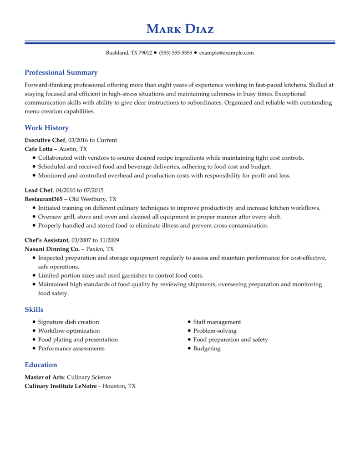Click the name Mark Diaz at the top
click(x=180, y=29)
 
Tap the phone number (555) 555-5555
click(x=176, y=53)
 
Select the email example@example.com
click(x=226, y=53)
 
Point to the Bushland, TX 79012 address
click(x=129, y=53)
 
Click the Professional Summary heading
click(x=61, y=72)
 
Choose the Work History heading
click(x=46, y=128)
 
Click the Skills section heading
click(x=34, y=309)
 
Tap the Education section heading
click(x=41, y=365)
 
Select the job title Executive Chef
click(x=45, y=140)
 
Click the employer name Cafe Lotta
click(x=39, y=149)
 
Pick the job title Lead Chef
click(x=39, y=190)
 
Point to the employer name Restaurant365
click(x=43, y=199)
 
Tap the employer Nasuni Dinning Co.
click(x=52, y=249)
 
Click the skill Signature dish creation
click(x=68, y=322)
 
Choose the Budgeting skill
click(x=207, y=349)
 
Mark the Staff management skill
click(x=217, y=322)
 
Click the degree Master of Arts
click(x=44, y=377)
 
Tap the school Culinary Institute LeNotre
click(x=61, y=386)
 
